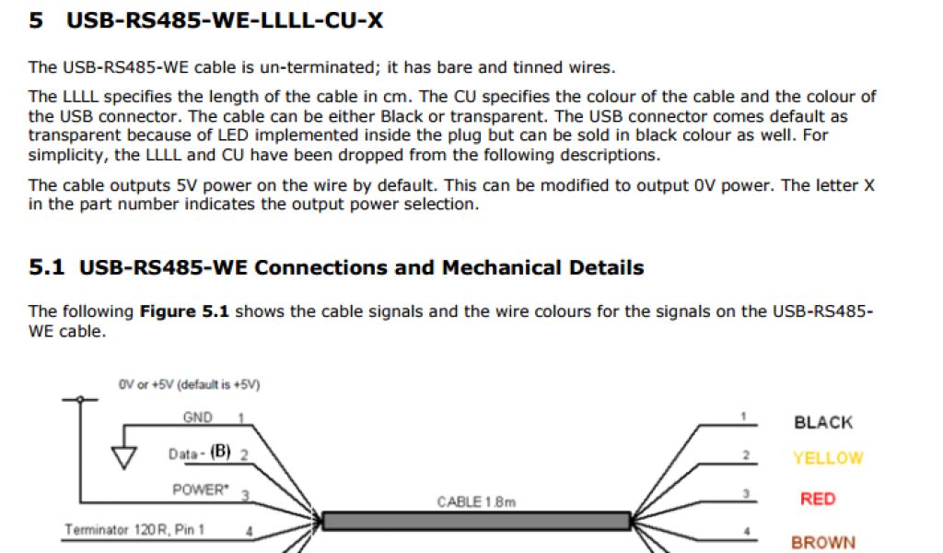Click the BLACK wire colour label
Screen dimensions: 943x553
tap(822, 423)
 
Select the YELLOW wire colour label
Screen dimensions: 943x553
tap(828, 458)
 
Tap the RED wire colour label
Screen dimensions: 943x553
tap(818, 500)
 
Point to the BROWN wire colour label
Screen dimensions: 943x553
tap(823, 543)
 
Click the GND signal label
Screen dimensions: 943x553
tap(197, 418)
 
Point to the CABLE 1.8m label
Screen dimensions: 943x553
tap(476, 502)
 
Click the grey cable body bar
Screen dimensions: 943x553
tap(476, 522)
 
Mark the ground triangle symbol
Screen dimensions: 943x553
tap(123, 456)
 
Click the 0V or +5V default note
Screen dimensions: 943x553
tap(189, 384)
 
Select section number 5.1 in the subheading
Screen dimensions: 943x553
tap(47, 268)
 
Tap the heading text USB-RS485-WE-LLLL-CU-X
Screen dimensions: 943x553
tap(225, 20)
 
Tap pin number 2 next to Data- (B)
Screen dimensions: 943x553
tap(244, 454)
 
